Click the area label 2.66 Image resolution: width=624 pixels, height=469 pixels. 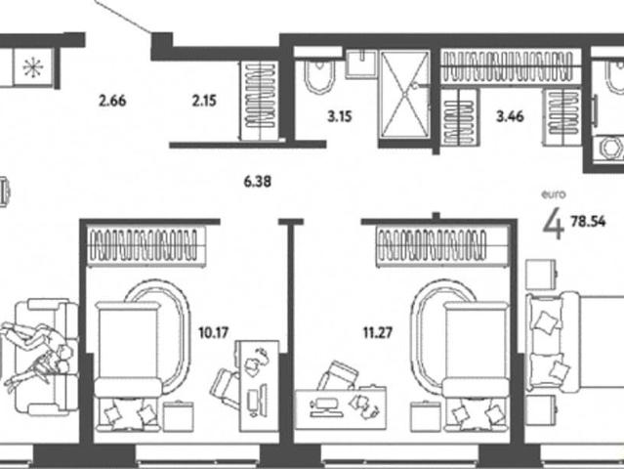tap(112, 101)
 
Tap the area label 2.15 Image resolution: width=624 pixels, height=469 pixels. tap(204, 101)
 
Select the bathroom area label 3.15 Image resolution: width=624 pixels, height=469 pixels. tap(340, 116)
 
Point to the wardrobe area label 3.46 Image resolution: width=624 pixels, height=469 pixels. tap(510, 116)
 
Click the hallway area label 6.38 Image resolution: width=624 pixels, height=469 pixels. tap(258, 182)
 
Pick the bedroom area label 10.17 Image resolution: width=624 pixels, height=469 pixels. tap(213, 332)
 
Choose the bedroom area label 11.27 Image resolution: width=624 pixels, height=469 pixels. tap(378, 332)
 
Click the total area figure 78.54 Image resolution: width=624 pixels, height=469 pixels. tap(588, 222)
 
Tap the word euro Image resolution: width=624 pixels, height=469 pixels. tap(553, 194)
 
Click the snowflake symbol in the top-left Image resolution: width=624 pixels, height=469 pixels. tap(32, 66)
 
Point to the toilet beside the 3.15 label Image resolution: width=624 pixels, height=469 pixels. tap(319, 76)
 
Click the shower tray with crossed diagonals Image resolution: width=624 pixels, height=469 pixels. tap(404, 95)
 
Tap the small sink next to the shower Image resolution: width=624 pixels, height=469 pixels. tap(361, 64)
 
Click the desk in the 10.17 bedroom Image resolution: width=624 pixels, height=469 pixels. tap(259, 385)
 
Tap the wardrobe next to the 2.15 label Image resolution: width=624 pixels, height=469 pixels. tap(261, 101)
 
